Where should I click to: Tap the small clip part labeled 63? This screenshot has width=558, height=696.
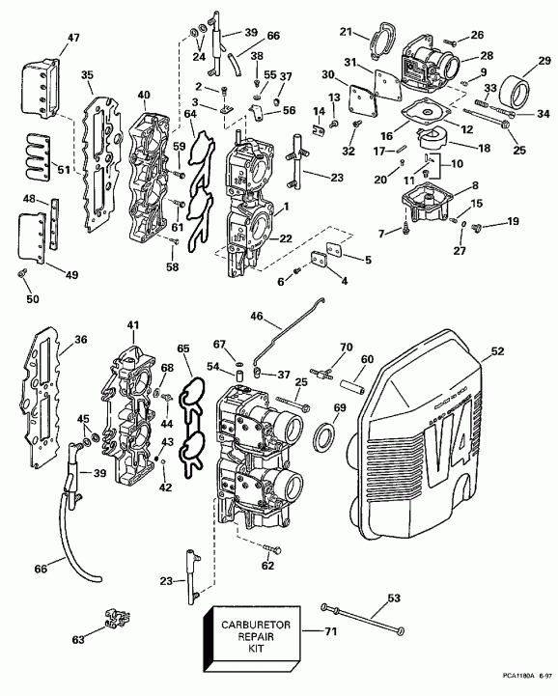(106, 619)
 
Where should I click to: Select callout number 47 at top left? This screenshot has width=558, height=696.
(45, 39)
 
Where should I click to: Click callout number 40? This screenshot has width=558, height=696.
(144, 95)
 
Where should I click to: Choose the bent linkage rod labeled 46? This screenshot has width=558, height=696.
(290, 335)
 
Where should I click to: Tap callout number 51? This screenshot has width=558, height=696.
(38, 170)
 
